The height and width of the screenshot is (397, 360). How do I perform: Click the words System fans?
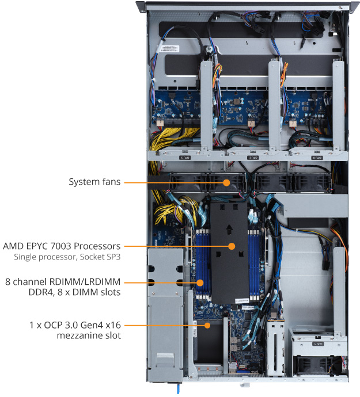pos(94,182)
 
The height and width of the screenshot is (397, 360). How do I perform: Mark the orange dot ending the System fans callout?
pos(226,182)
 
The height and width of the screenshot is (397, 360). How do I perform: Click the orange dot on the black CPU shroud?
pos(232,246)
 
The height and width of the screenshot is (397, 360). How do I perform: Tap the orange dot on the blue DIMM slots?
pos(200,283)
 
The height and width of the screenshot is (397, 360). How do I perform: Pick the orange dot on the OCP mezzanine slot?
pos(207,325)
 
